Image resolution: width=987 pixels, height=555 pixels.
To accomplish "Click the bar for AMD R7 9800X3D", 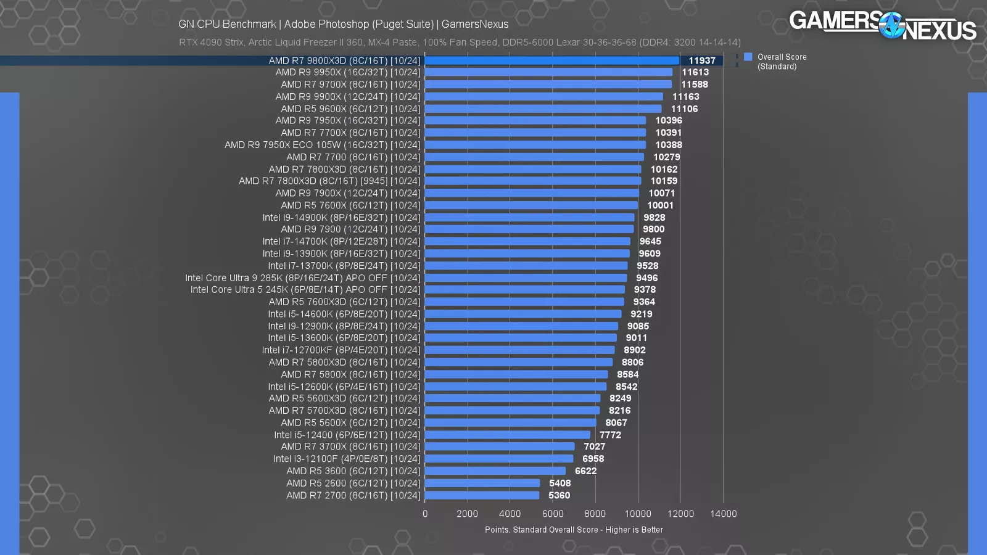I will point(551,60).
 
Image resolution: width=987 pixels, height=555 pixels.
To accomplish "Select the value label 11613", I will point(695,72).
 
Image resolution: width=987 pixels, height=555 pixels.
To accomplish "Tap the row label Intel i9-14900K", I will point(341,218).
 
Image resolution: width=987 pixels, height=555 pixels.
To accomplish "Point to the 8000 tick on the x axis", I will point(595,514).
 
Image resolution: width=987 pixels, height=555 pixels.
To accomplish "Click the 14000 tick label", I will point(724,514).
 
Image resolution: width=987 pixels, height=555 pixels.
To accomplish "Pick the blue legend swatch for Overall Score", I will point(748,57).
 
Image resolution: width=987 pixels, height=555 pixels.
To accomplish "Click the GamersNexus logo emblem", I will point(891,25).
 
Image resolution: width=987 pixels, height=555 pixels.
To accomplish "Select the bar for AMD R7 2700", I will point(482,495).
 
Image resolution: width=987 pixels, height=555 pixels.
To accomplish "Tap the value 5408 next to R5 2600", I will point(560,483).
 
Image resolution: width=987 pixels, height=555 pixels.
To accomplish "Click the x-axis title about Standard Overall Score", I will point(574,530).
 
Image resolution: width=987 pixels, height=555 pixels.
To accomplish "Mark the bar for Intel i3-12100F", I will point(498,459).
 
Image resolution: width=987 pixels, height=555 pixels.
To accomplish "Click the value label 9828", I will point(655,218).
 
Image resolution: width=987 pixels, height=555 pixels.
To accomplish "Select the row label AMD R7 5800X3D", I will point(344,363).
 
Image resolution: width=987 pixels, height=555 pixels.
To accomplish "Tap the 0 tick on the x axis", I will point(425,514).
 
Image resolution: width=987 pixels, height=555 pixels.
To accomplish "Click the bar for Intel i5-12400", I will point(507,435).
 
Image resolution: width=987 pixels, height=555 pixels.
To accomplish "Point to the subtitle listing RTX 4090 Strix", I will point(460,43).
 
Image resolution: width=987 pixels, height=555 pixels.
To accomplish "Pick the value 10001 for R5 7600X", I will point(661,205).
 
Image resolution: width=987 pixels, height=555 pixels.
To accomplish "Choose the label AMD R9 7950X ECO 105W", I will point(322,145).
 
